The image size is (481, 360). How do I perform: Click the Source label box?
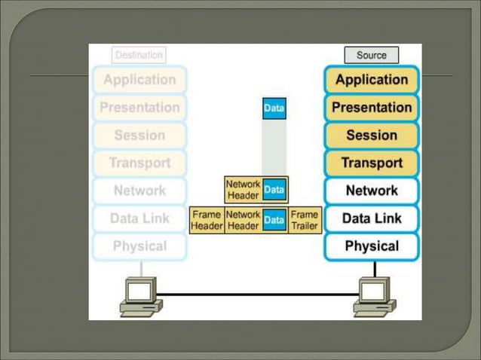(x=371, y=55)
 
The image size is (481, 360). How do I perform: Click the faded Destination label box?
(x=139, y=55)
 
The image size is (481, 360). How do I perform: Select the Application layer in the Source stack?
(x=371, y=80)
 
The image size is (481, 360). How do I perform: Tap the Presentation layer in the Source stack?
(x=371, y=108)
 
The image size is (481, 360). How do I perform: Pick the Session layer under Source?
(x=371, y=136)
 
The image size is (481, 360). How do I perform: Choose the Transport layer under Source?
(x=371, y=163)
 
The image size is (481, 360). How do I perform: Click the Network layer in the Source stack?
(x=371, y=191)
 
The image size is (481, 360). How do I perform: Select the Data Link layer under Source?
(x=371, y=218)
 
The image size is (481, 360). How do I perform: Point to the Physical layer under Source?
(x=371, y=246)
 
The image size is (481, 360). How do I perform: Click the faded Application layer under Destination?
(x=139, y=80)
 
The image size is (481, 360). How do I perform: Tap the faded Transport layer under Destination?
(x=139, y=163)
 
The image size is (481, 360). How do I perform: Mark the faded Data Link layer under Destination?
(x=139, y=218)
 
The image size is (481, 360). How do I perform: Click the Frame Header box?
(x=206, y=220)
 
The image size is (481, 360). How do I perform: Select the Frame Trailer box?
(x=305, y=220)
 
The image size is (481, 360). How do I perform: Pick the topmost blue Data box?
(x=274, y=108)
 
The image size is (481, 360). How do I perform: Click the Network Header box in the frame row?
(x=243, y=220)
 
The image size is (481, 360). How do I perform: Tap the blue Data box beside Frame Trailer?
(x=274, y=220)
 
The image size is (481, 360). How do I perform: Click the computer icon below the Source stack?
(x=375, y=296)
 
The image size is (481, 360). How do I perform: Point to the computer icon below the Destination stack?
(x=142, y=296)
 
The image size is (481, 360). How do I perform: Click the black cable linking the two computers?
(x=256, y=294)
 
